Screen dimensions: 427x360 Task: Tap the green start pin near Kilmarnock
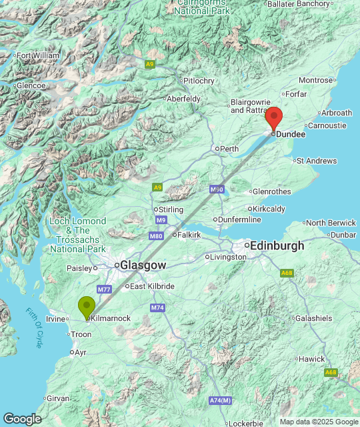(87, 306)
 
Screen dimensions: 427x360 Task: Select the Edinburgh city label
(277, 246)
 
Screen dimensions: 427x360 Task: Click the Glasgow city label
(143, 265)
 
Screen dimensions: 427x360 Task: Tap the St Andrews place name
(317, 161)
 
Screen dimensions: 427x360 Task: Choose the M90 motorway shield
(216, 189)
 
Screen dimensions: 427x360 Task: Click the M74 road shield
(157, 308)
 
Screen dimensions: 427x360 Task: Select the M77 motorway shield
(103, 289)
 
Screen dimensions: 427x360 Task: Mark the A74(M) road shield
(220, 400)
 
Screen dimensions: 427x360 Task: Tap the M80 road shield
(156, 236)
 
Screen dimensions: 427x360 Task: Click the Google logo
(21, 418)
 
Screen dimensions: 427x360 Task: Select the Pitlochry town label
(199, 81)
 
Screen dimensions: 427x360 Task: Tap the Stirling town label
(171, 209)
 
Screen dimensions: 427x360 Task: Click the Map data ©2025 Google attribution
(319, 421)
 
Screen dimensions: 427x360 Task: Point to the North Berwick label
(331, 223)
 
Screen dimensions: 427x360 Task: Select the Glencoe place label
(31, 85)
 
